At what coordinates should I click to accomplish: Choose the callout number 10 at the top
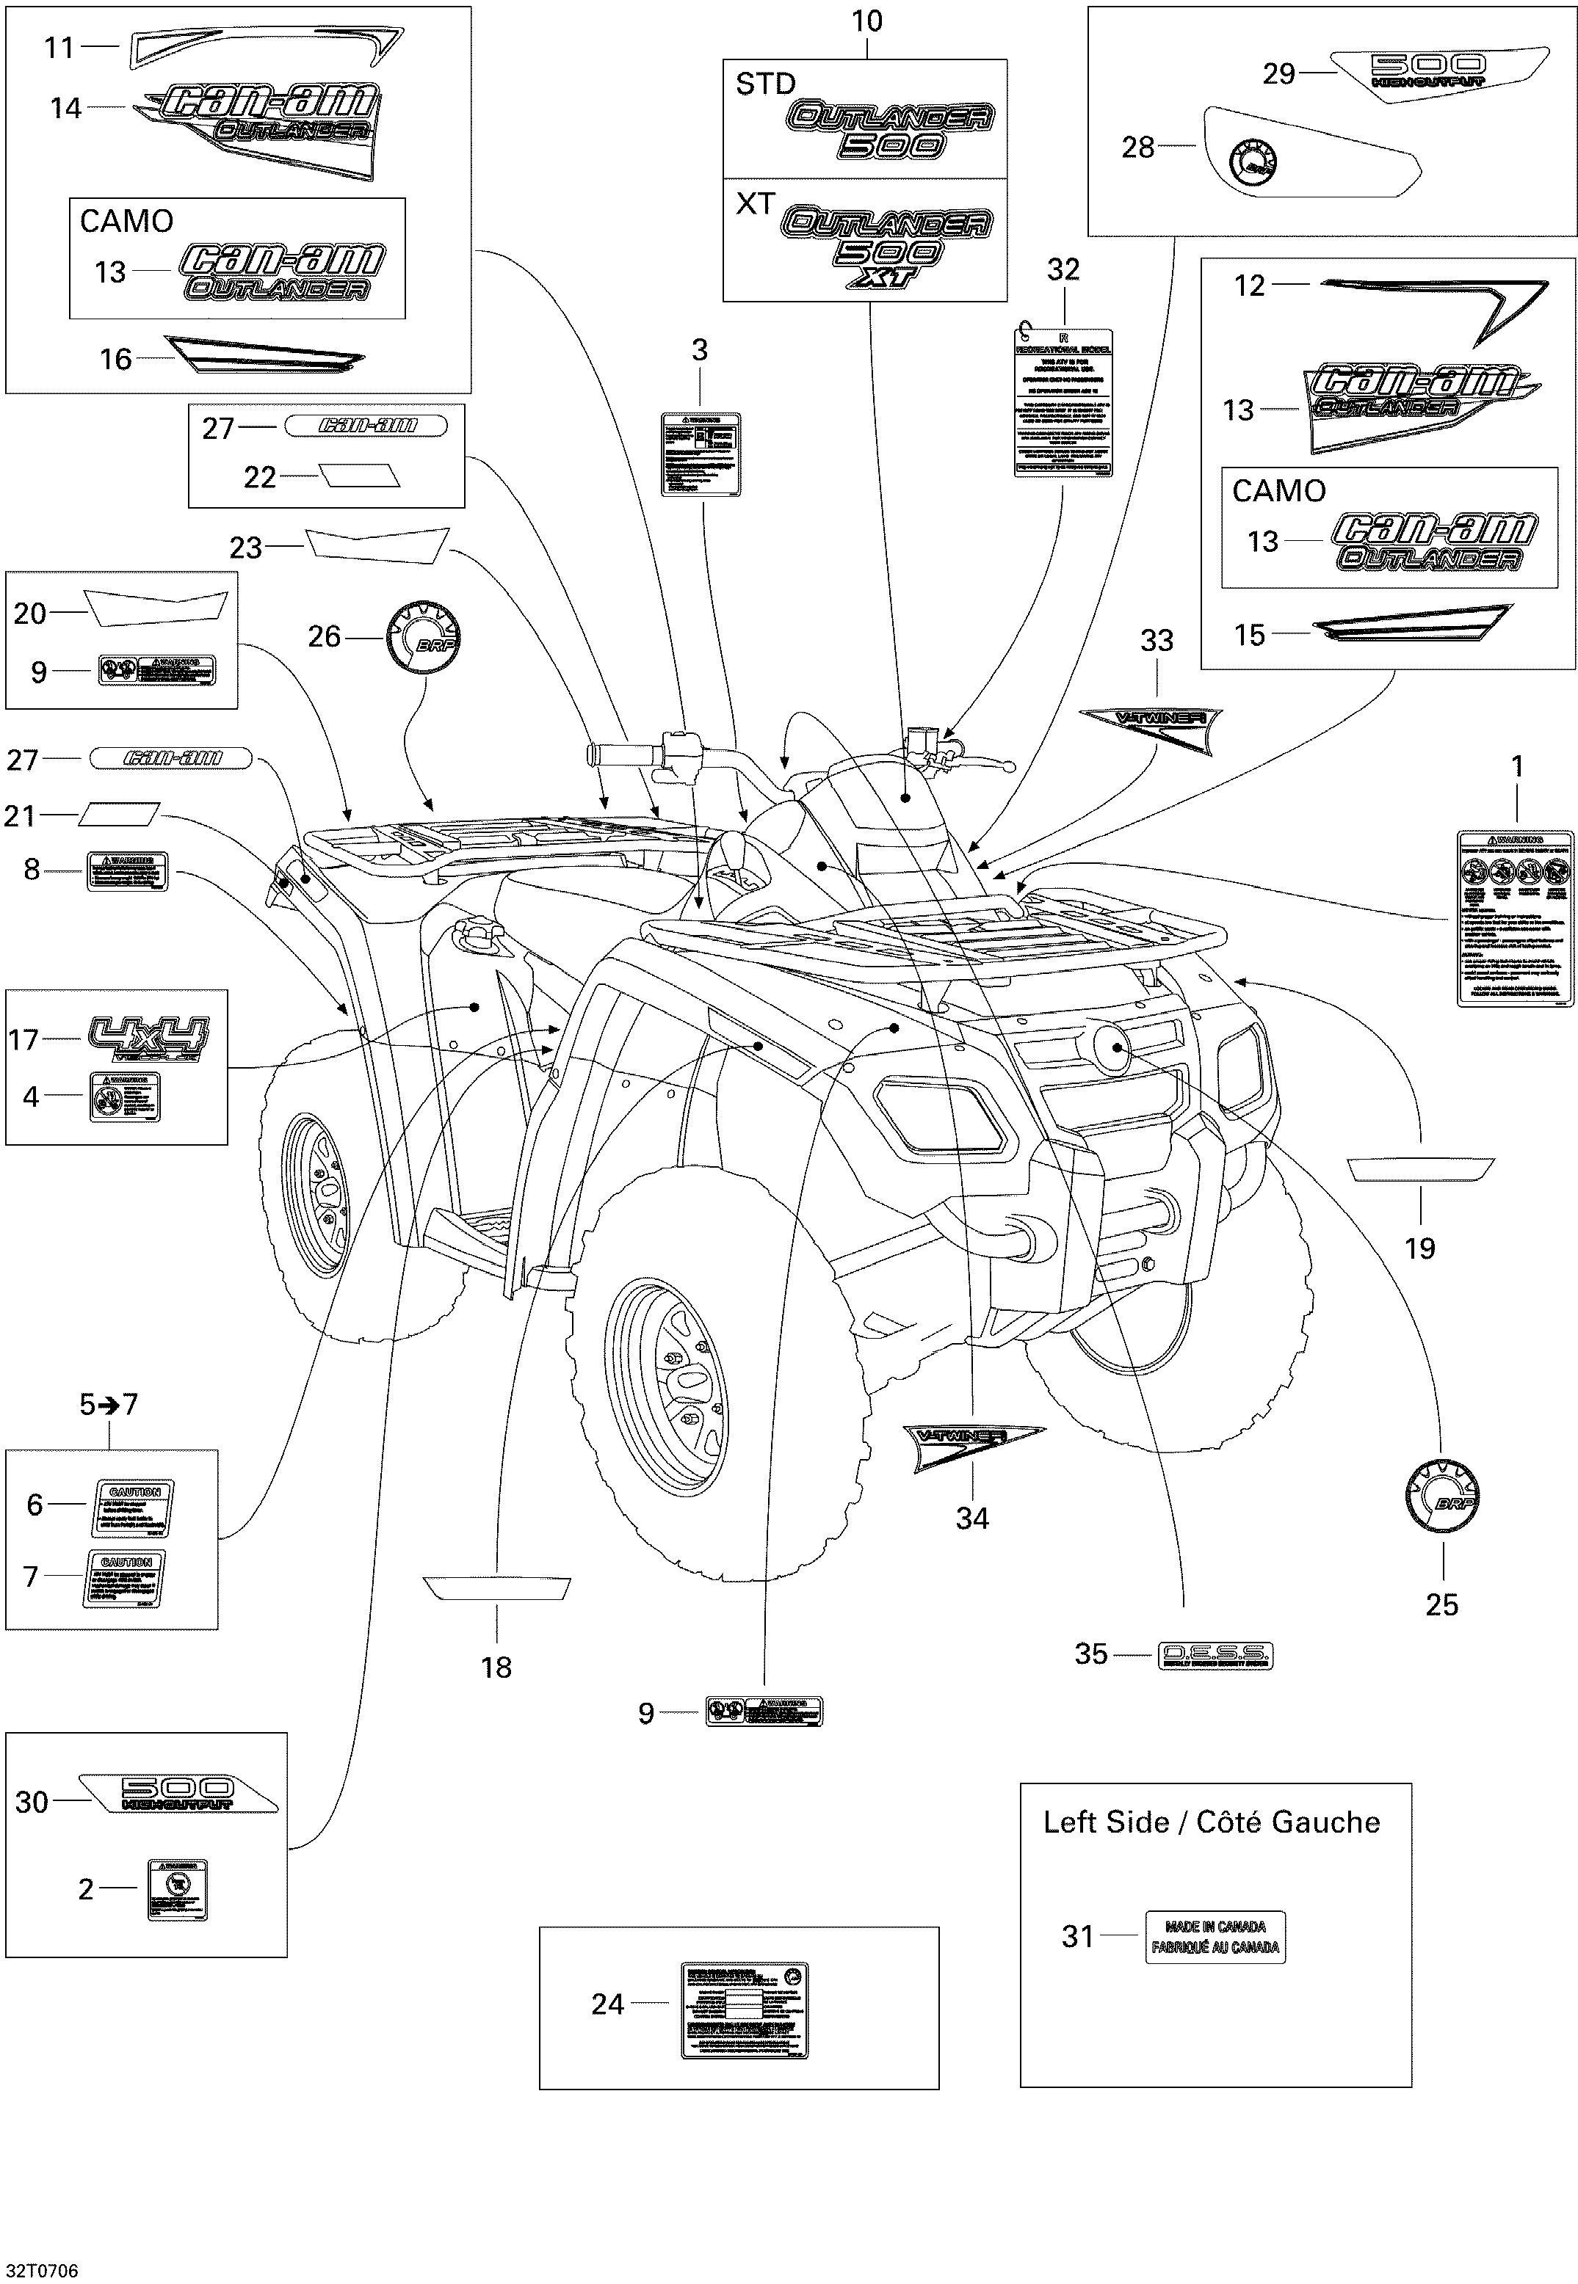[866, 22]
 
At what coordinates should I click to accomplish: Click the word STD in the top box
[765, 84]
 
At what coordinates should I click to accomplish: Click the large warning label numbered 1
[1515, 918]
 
